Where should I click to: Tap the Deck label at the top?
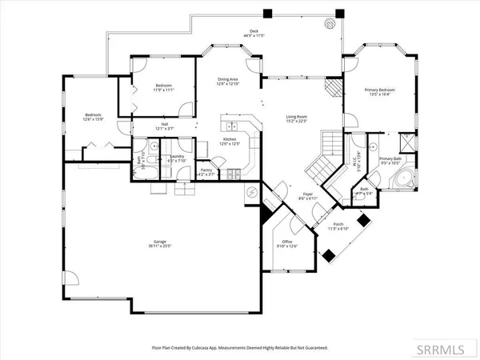[x=254, y=32]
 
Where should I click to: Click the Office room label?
[x=286, y=242]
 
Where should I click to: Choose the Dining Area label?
[x=229, y=78]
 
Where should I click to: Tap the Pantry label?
[x=206, y=170]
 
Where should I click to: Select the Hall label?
[x=163, y=124]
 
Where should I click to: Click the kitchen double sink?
[x=230, y=126]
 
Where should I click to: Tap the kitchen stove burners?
[x=232, y=174]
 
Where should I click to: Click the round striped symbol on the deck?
[x=327, y=25]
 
